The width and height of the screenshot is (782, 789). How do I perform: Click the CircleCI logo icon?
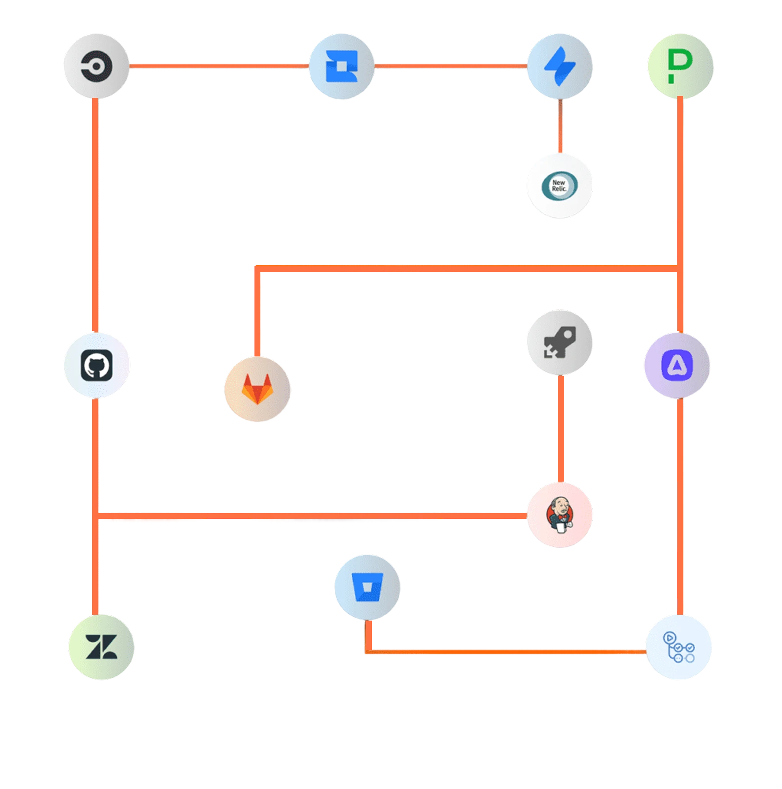coord(96,66)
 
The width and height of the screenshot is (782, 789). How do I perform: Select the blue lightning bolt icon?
coord(560,66)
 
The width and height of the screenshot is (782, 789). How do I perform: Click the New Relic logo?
coord(560,186)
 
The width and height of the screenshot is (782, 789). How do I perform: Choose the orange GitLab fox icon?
coord(257,389)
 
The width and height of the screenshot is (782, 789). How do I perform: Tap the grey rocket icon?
coord(560,342)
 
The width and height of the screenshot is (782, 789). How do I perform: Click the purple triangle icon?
coord(677,365)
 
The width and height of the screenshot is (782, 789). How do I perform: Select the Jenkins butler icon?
coord(560,515)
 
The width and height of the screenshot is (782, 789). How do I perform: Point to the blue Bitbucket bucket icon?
coord(367,586)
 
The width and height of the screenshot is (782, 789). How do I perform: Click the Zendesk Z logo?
coord(101,647)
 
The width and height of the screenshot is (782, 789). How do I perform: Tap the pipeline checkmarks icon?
coord(678,647)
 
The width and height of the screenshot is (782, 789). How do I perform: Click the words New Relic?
coord(558,186)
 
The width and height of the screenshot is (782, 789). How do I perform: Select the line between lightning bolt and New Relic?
coord(558,125)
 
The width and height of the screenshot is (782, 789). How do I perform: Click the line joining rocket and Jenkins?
coord(556,429)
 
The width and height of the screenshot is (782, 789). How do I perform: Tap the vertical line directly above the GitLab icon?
coord(257,313)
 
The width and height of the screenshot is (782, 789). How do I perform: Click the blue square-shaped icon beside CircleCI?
coord(342,66)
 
